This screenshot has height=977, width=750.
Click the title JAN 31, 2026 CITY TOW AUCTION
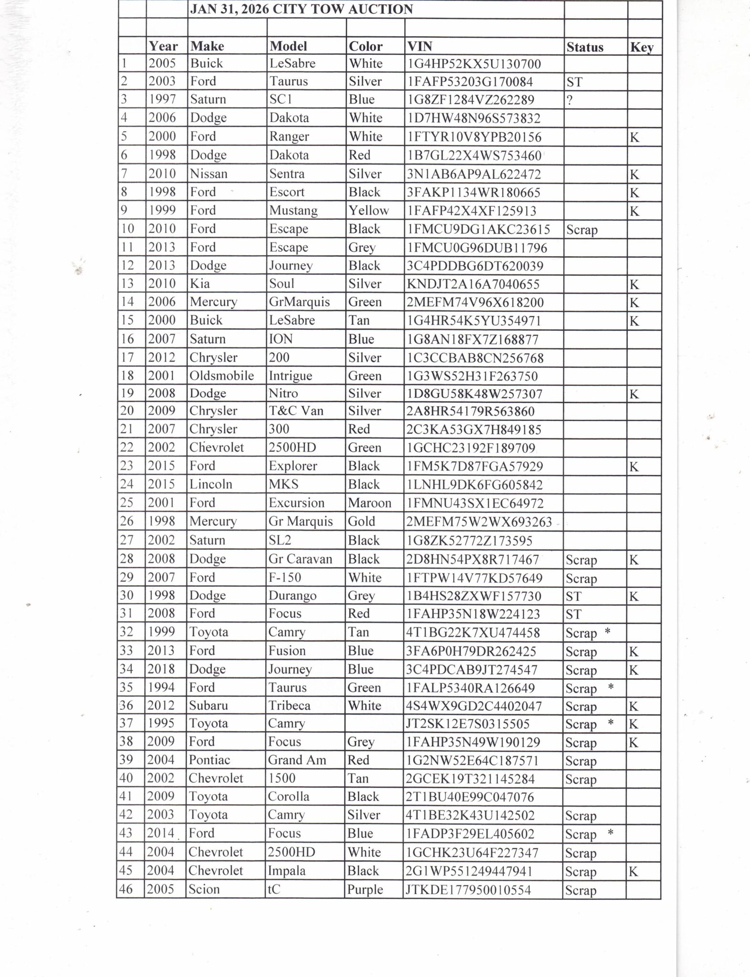click(302, 10)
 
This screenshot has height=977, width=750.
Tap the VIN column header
click(420, 46)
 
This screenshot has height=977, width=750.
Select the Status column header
click(585, 47)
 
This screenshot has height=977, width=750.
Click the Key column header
click(642, 47)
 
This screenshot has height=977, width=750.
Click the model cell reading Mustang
click(293, 210)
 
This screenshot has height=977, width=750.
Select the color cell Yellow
click(368, 210)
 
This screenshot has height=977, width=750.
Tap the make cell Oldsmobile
click(221, 376)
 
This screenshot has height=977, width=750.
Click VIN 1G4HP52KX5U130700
click(474, 64)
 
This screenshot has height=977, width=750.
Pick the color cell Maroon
click(369, 503)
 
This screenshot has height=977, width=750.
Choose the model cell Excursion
click(296, 503)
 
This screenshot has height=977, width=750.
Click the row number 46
click(127, 889)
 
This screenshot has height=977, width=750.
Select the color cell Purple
click(365, 890)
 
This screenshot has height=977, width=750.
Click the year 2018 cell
click(161, 669)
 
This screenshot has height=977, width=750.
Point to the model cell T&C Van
click(296, 411)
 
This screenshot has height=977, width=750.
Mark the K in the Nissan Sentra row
click(634, 175)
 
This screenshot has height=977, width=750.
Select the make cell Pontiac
click(209, 760)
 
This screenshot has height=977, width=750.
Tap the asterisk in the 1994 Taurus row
click(610, 687)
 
